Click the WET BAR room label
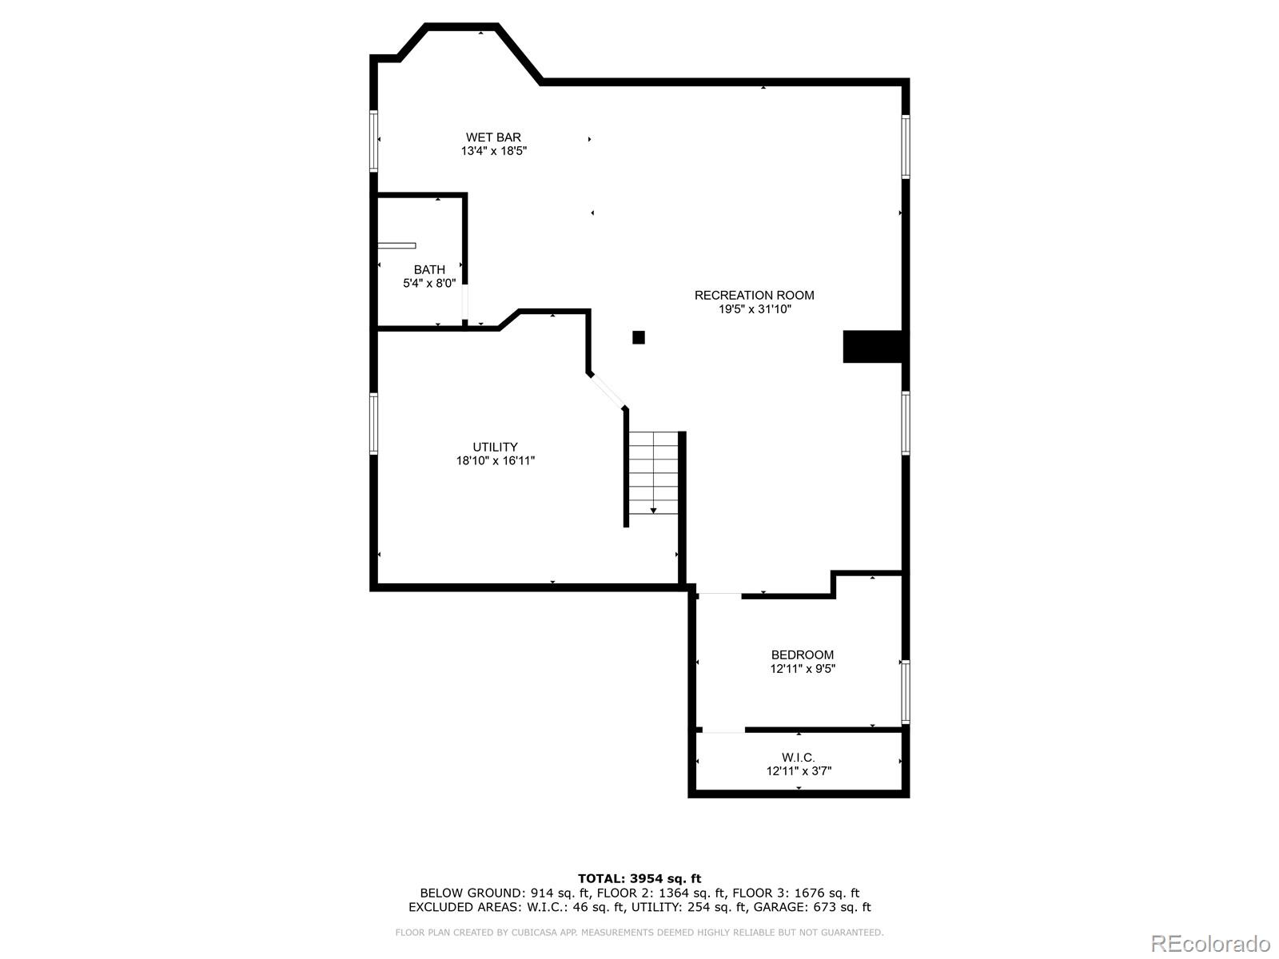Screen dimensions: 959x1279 tap(493, 137)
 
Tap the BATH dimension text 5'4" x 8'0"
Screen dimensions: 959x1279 tap(429, 283)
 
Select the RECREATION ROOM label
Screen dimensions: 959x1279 tap(754, 295)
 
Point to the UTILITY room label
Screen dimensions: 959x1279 tap(495, 447)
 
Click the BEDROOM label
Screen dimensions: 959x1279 tap(802, 655)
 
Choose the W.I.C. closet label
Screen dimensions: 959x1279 tap(798, 758)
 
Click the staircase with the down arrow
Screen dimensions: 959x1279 tap(653, 473)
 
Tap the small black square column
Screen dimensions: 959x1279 tap(639, 337)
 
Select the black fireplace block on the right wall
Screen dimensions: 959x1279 tap(873, 346)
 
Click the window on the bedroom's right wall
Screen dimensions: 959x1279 tap(906, 691)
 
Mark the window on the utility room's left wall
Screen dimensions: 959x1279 tap(373, 423)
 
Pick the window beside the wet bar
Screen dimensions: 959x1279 tap(373, 141)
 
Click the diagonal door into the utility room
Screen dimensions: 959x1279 tap(607, 390)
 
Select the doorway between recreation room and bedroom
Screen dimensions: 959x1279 tap(719, 595)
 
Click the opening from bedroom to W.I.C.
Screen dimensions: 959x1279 tap(723, 730)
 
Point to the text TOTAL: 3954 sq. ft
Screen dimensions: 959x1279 tap(639, 878)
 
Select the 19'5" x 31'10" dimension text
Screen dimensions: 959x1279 tap(754, 309)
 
